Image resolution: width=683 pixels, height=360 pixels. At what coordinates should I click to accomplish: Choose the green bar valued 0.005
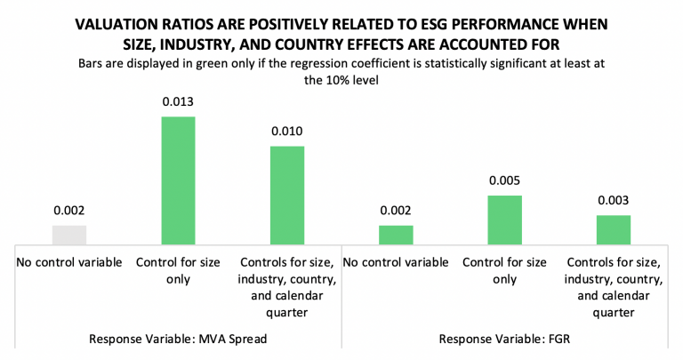(504, 220)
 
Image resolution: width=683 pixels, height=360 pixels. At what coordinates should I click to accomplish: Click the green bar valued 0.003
(613, 229)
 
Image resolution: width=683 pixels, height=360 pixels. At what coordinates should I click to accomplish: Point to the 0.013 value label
(178, 102)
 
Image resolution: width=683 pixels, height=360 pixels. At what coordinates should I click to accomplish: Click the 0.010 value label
(287, 132)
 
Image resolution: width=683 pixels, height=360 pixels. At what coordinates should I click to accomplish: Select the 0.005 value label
(504, 181)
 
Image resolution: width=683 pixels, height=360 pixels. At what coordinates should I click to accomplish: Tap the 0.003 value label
(613, 201)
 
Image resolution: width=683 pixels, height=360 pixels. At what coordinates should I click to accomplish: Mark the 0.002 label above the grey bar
(69, 211)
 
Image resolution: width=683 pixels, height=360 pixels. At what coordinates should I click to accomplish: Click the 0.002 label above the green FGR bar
(396, 211)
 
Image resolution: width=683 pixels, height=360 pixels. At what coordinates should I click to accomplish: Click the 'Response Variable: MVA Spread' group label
(178, 338)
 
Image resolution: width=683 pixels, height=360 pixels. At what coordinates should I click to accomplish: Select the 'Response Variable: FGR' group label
(505, 338)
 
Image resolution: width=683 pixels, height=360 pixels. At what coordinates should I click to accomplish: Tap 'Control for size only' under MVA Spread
(178, 270)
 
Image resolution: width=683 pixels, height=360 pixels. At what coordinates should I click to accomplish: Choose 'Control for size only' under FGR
(504, 270)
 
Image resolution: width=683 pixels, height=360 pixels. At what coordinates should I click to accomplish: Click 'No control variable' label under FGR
(396, 263)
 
